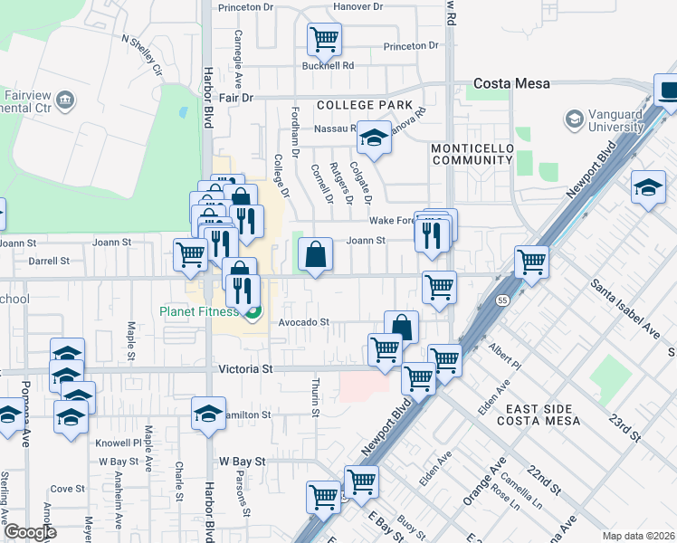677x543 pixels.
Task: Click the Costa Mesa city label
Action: coord(511,83)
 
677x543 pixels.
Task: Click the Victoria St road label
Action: coord(245,369)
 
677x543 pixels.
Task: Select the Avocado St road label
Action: coord(302,321)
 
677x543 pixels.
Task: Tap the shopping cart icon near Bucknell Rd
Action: coord(323,40)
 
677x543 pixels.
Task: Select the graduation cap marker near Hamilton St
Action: coord(208,413)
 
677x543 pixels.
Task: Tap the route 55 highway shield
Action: coord(501,300)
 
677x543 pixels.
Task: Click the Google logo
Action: coord(29,533)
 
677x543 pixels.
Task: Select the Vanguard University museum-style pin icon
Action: coord(574,119)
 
